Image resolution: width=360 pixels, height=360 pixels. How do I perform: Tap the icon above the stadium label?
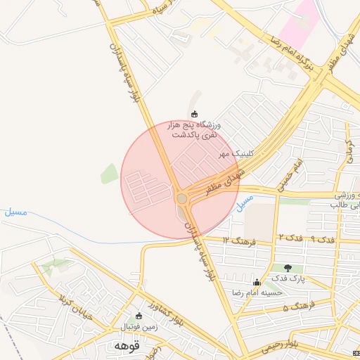tap(195, 114)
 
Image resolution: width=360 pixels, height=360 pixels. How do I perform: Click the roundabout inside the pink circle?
tap(183, 199)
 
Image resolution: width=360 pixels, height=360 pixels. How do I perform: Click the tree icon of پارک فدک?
tap(288, 268)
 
